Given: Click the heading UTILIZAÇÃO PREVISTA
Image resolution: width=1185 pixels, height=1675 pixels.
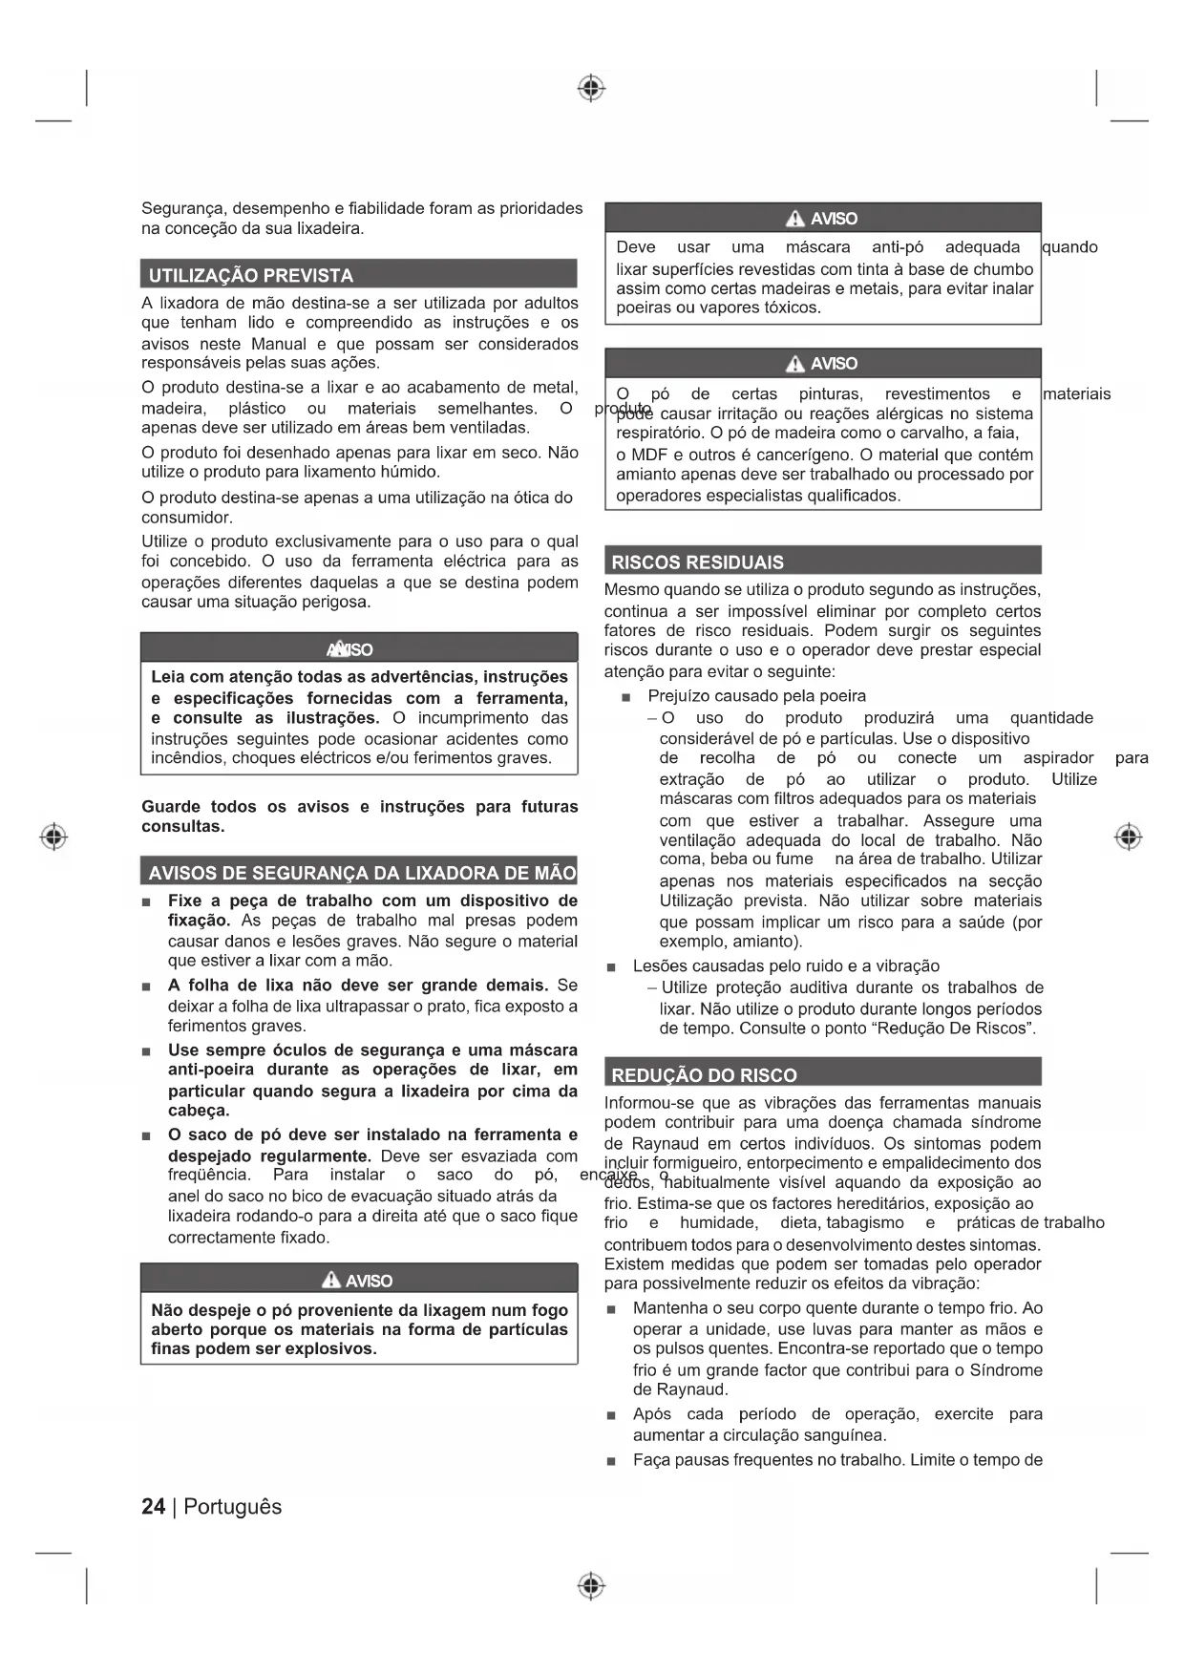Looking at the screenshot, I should pyautogui.click(x=250, y=275).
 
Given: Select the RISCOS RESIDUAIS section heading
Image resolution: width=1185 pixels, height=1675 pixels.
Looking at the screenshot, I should pyautogui.click(x=697, y=562).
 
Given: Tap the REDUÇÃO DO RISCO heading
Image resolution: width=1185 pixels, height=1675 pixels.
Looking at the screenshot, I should pyautogui.click(x=704, y=1074).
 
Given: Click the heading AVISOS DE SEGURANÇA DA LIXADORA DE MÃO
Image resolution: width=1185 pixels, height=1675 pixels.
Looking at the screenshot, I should pyautogui.click(x=362, y=872).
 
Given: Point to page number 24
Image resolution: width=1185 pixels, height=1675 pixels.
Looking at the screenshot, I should pyautogui.click(x=153, y=1507).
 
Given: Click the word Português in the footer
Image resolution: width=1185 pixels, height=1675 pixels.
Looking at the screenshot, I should pyautogui.click(x=232, y=1507).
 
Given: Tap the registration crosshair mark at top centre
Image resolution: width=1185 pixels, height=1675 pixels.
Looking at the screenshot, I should pyautogui.click(x=591, y=89).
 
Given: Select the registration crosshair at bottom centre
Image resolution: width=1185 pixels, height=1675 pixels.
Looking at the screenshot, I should pyautogui.click(x=591, y=1586).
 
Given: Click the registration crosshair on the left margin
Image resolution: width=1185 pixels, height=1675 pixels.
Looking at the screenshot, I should pyautogui.click(x=53, y=837).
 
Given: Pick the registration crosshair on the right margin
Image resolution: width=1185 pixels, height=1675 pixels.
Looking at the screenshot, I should pyautogui.click(x=1129, y=837).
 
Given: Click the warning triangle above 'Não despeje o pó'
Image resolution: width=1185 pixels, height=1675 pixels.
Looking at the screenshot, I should pyautogui.click(x=331, y=1280).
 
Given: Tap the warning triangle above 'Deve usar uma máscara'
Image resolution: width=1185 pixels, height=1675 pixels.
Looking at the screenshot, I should pyautogui.click(x=795, y=219).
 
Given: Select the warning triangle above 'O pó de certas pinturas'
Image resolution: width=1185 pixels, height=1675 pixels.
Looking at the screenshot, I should pyautogui.click(x=795, y=364).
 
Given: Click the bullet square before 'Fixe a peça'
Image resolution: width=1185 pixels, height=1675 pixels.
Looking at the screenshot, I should pyautogui.click(x=146, y=901).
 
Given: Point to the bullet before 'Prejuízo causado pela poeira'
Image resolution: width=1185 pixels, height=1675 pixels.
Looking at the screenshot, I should pyautogui.click(x=626, y=697).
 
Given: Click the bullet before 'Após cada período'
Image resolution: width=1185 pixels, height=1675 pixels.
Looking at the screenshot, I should pyautogui.click(x=611, y=1415).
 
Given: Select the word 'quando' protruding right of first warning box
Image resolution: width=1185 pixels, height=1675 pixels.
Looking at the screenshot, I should pyautogui.click(x=1069, y=247).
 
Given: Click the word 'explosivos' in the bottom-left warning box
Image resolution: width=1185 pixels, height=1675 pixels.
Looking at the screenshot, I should pyautogui.click(x=334, y=1348).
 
